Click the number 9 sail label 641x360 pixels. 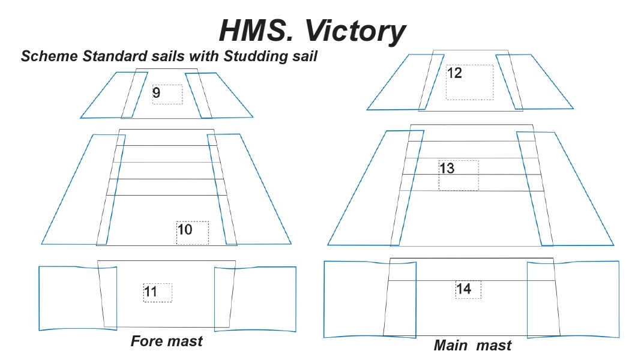coord(156,92)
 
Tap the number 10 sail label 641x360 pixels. coord(185,229)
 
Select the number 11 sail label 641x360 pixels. coord(151,292)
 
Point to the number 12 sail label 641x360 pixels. coord(454,73)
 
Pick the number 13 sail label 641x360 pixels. coord(447,168)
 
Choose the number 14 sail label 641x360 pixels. coord(463,289)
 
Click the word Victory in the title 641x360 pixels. coord(355,31)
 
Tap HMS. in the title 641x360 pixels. coord(256,30)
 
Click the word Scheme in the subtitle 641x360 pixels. coord(50,56)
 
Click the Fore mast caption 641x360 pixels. coord(167,341)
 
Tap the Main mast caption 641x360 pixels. coord(472,345)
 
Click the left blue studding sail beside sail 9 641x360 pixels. coord(114,95)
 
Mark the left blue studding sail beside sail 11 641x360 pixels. coord(77,298)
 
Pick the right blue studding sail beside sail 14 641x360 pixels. coord(573,299)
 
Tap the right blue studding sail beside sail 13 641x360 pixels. coord(565,189)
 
